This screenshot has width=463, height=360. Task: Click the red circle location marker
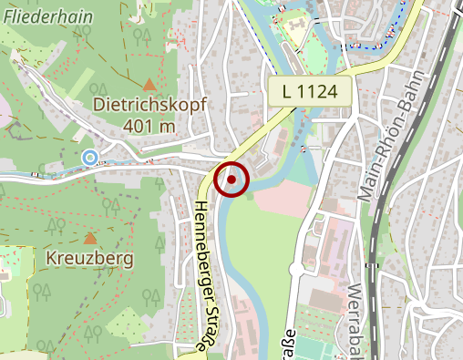[x=231, y=180]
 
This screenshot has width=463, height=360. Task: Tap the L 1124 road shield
[x=311, y=91]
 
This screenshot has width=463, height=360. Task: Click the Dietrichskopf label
[x=149, y=106]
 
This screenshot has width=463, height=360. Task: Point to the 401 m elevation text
[x=149, y=125]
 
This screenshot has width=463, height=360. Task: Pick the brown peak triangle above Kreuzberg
[x=90, y=239]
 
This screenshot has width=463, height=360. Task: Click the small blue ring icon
[x=89, y=158]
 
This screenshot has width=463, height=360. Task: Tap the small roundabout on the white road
[x=294, y=269]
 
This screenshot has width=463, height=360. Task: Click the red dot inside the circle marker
[x=231, y=180]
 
